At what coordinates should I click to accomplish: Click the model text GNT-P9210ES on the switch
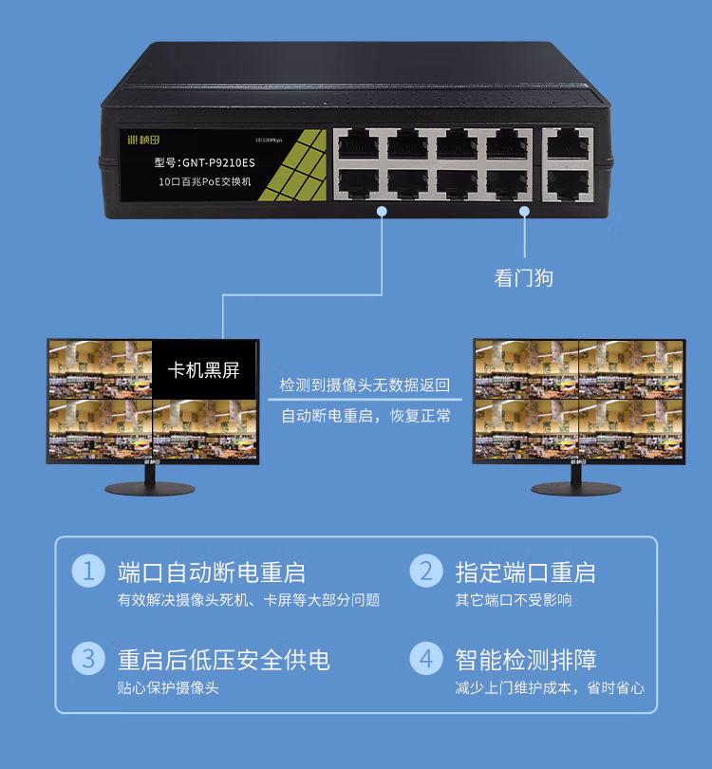pos(204,162)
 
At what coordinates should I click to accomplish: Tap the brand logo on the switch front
pos(146,140)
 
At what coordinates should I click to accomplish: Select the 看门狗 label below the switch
pos(523,278)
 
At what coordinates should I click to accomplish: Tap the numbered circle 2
pos(426,571)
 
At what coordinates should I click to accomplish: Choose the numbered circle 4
pos(426,658)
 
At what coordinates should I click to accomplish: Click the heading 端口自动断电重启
pos(211,572)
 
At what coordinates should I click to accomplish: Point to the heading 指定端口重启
pos(525,572)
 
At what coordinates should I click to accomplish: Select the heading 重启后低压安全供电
pos(223,659)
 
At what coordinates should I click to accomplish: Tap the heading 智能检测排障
pos(526,659)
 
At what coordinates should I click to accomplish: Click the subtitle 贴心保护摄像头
pos(168,687)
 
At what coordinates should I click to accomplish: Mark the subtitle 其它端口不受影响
pos(514,600)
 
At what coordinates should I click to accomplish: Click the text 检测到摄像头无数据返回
pos(365,386)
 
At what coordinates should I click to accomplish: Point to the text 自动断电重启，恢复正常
pos(365,416)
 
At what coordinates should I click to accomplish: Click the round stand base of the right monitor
pos(579,488)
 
